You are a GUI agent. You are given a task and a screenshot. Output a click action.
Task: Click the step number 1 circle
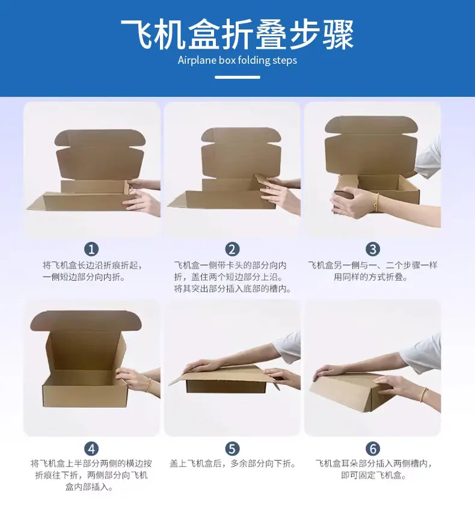(91, 249)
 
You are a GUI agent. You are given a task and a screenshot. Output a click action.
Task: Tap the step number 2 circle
(232, 249)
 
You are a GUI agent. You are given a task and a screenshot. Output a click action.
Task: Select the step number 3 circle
(373, 249)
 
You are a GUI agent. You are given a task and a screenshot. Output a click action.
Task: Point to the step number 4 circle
(91, 449)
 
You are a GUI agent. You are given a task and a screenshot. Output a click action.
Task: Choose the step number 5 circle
(232, 449)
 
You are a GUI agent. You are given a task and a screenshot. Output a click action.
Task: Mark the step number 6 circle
(373, 449)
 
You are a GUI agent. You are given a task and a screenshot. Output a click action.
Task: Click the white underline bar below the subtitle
(237, 78)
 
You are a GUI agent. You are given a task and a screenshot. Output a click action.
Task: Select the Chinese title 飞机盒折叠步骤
(237, 34)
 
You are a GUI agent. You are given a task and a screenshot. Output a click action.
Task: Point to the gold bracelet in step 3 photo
(376, 202)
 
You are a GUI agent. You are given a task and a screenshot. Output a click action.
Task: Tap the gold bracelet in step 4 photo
(150, 385)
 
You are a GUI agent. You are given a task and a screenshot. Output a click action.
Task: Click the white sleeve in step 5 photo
(287, 346)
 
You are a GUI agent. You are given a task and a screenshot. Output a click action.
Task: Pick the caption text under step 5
(232, 464)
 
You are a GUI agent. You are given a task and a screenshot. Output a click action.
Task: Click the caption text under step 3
(373, 271)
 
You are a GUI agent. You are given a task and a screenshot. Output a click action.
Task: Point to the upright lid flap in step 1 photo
(100, 154)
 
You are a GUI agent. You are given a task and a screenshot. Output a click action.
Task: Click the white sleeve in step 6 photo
(421, 353)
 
